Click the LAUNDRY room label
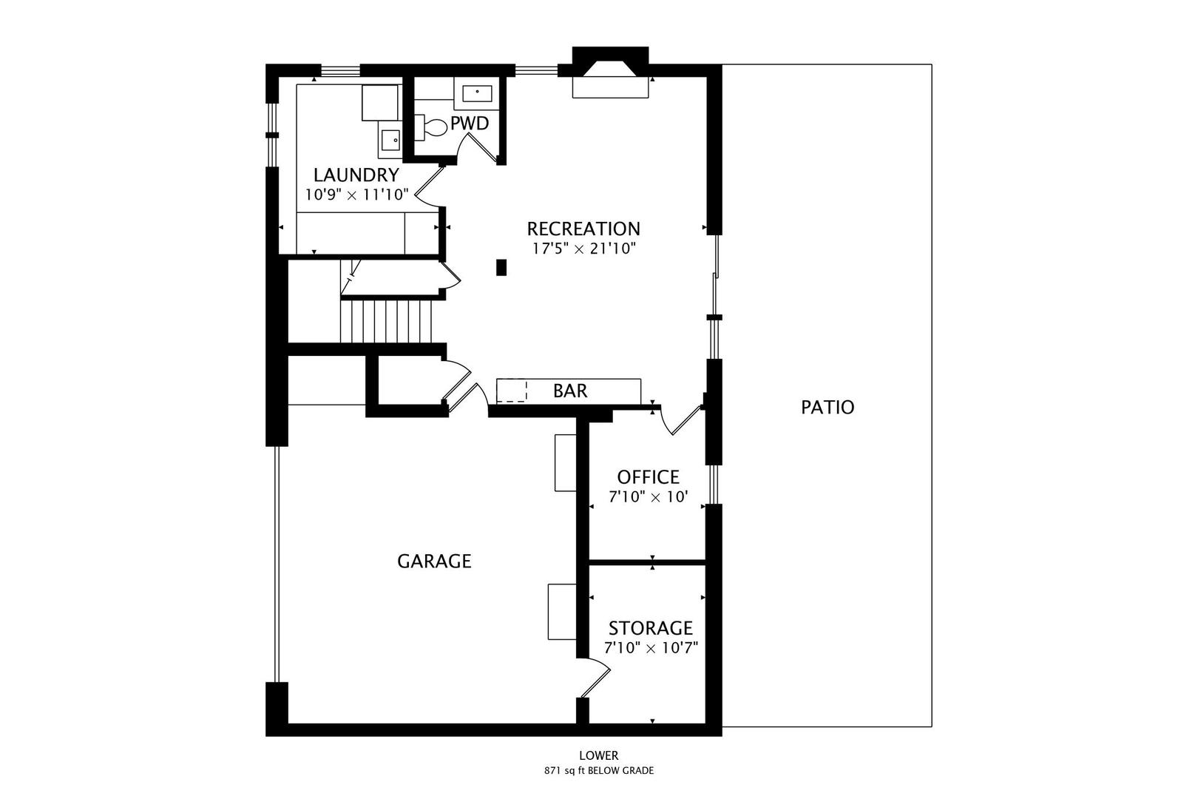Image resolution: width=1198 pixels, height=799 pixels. pyautogui.click(x=356, y=175)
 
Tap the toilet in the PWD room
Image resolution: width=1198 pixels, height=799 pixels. pyautogui.click(x=433, y=127)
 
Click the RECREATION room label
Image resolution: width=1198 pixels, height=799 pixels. pyautogui.click(x=583, y=229)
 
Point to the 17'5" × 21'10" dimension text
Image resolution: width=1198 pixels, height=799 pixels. pyautogui.click(x=583, y=249)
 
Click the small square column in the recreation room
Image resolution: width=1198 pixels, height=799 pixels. pyautogui.click(x=501, y=267)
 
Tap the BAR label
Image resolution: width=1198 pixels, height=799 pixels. pyautogui.click(x=570, y=391)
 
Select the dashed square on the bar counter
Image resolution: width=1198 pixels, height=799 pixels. pyautogui.click(x=511, y=391)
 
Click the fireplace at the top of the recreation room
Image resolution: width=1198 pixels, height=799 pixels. pyautogui.click(x=611, y=74)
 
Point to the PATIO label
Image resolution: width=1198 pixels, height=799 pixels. pyautogui.click(x=828, y=407)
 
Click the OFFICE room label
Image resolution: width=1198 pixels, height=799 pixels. pyautogui.click(x=648, y=477)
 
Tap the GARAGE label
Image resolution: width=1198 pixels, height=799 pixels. pyautogui.click(x=434, y=562)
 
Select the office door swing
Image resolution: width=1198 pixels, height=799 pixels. pyautogui.click(x=681, y=419)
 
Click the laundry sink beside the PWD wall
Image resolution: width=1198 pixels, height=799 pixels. pyautogui.click(x=390, y=139)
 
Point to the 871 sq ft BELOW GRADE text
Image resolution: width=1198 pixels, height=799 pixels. pyautogui.click(x=598, y=771)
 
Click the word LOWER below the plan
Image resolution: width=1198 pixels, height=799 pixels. pyautogui.click(x=598, y=755)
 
